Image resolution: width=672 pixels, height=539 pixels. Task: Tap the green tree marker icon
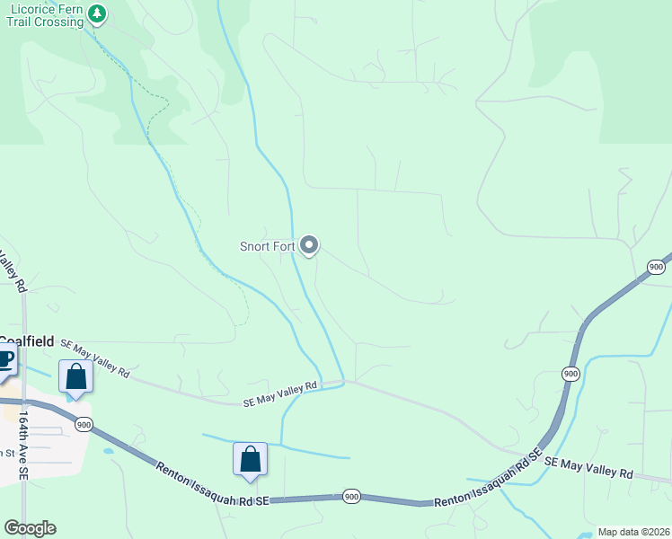click(x=97, y=13)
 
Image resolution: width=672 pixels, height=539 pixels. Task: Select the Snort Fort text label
click(x=268, y=246)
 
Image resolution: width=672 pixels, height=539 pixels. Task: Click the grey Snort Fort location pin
click(x=309, y=244)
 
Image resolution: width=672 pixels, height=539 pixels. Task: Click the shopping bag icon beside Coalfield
click(x=75, y=377)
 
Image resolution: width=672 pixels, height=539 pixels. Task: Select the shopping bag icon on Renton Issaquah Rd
click(x=251, y=459)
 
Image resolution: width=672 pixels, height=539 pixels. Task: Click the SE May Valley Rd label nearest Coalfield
click(x=94, y=358)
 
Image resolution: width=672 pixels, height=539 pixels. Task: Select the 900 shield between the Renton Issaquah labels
click(x=352, y=496)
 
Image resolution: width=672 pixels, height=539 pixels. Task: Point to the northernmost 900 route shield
click(x=656, y=267)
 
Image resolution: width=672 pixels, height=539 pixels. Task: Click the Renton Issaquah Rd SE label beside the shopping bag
click(x=213, y=483)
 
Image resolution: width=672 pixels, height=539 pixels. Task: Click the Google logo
click(x=30, y=528)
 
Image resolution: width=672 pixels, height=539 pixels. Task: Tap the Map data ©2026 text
click(x=632, y=532)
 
